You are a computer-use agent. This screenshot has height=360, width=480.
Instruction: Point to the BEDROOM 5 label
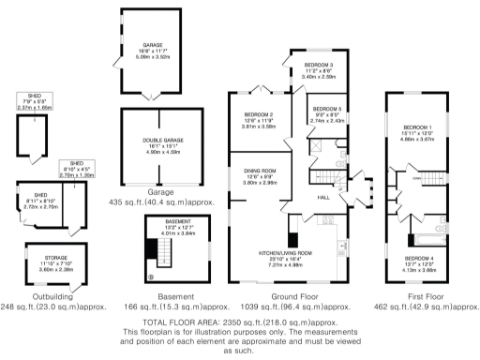coord(328,109)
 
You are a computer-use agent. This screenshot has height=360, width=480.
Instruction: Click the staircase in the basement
coord(157,250)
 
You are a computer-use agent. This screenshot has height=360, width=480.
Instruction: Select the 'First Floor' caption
coord(412,292)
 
